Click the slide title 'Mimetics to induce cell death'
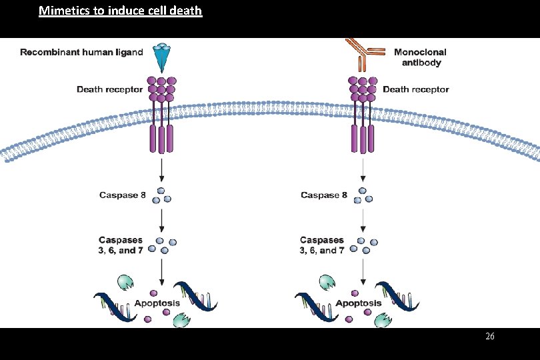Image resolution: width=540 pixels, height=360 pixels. point(120,11)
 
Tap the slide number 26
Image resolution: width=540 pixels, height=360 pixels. point(490,337)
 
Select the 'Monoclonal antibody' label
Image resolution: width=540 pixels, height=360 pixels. point(420,57)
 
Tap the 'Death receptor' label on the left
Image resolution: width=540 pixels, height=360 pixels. point(109,89)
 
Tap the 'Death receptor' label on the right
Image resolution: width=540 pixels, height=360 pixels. point(415,89)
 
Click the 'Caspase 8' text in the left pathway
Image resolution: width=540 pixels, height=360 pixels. point(122,195)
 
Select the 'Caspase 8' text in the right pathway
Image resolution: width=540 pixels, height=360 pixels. point(324,195)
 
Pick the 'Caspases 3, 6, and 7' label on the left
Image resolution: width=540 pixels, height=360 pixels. point(121,245)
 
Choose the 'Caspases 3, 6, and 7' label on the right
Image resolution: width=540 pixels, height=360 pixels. point(323,245)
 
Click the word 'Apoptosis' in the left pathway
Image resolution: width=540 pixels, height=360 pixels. point(157,303)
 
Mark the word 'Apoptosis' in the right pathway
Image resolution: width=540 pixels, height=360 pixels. point(359,303)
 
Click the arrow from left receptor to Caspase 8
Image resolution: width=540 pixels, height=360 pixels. point(161,170)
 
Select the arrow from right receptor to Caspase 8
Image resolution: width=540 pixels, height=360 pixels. point(363,170)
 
